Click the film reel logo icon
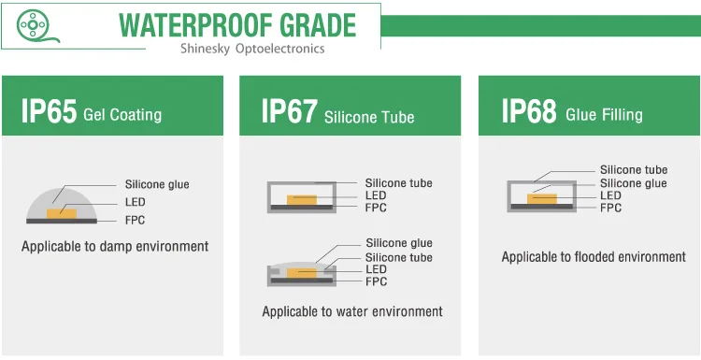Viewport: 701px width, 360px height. point(33,25)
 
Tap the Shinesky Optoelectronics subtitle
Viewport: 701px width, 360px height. point(252,49)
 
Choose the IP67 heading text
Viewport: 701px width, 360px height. point(290,111)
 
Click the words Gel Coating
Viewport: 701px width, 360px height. point(122,114)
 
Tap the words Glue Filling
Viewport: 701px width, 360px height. point(605,114)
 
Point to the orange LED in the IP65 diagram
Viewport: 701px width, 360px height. point(62,213)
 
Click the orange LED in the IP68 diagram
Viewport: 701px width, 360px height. point(542,198)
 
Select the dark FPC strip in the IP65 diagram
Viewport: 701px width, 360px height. point(62,221)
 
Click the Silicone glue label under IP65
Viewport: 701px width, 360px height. point(157,184)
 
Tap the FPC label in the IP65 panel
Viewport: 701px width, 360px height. point(135,220)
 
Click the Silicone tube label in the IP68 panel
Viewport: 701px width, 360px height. point(634,170)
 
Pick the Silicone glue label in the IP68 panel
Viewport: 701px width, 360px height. point(634,183)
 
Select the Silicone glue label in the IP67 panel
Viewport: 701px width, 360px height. point(399,243)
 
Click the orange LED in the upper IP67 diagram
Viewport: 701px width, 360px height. point(302,200)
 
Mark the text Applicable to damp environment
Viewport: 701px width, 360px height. point(115,247)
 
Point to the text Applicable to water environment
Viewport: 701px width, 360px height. point(352,311)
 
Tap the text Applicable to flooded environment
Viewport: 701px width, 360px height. point(594,257)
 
